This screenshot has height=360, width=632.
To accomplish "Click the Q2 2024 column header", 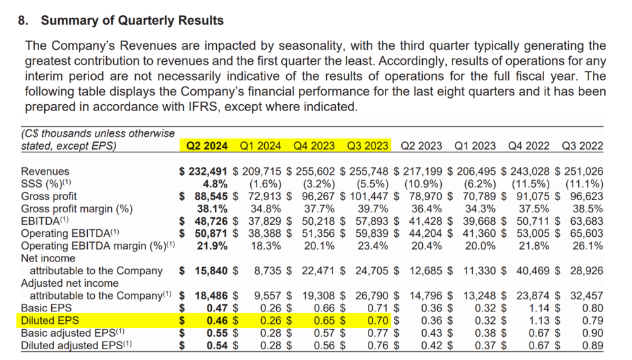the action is click(x=207, y=146).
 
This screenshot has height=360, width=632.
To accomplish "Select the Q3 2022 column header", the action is click(x=583, y=146).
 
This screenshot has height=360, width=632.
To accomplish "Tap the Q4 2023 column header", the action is click(x=314, y=146).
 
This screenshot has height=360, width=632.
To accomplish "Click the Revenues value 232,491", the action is click(x=208, y=172).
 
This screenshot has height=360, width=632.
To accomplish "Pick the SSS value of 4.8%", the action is click(x=215, y=184).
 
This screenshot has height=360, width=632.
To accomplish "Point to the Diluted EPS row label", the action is click(x=50, y=321).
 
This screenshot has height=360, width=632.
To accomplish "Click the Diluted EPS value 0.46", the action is click(x=217, y=321).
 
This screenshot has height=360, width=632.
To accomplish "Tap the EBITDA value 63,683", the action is click(x=586, y=222).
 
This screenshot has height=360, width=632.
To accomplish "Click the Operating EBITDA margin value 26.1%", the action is click(x=588, y=246).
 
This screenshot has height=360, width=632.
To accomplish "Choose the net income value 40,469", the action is click(x=533, y=271).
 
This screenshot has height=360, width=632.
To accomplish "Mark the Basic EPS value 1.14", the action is click(x=539, y=308).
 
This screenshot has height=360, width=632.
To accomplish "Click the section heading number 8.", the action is click(x=23, y=21).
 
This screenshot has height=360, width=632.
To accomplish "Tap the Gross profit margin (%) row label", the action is click(x=76, y=209).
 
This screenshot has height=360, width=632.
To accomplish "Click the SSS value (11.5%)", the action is click(x=531, y=184).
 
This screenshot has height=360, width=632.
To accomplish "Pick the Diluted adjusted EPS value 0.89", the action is click(x=593, y=345).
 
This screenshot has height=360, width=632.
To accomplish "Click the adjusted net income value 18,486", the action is click(x=211, y=296).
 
